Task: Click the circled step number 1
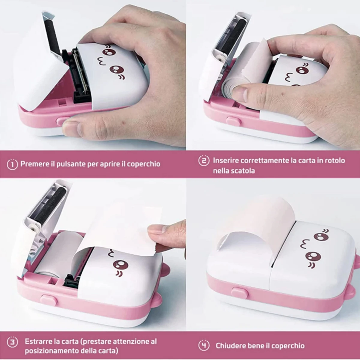pos(12,164)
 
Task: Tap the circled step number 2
pos(204,160)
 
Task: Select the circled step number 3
pos(12,342)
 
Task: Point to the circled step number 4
pos(204,345)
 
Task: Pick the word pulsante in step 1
pos(72,164)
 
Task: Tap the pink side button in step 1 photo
pos(61,121)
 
